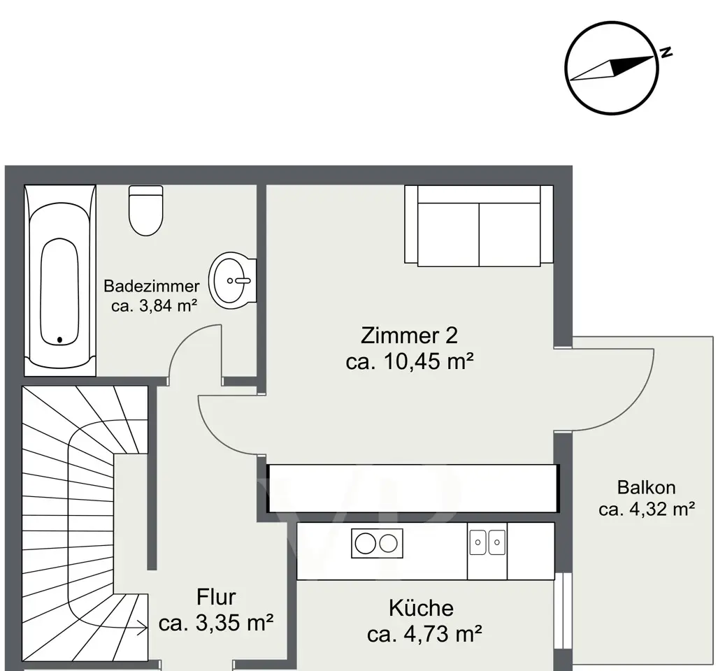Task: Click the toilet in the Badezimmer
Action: pos(146,210)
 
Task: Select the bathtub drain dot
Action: pos(59,340)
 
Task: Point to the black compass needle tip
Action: pos(653,57)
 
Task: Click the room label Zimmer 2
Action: pos(409,335)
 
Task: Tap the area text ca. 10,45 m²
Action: pos(410,361)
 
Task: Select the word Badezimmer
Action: pos(152,286)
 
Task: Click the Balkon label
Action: pos(646,487)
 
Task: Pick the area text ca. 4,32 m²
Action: pos(647,509)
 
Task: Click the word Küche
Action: pos(422,608)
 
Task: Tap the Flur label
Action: pos(216,598)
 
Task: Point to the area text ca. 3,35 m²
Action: pos(216,623)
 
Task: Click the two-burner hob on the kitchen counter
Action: pos(378,543)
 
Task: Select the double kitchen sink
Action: pos(487,542)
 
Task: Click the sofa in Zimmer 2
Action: pos(479,225)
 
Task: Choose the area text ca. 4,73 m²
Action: pos(424,635)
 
